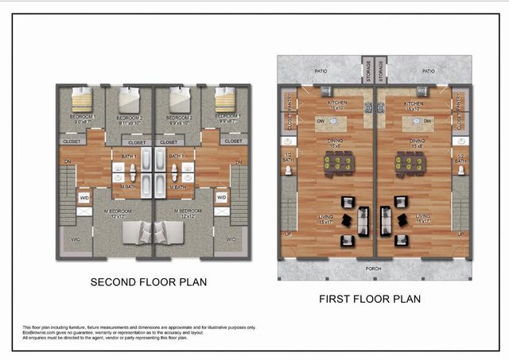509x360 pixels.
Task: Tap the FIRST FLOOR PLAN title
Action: (x=370, y=299)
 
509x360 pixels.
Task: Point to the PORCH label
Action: (x=373, y=269)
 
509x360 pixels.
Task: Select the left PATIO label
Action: (x=321, y=72)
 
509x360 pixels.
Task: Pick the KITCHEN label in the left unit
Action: (x=336, y=104)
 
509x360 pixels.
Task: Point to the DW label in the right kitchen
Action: (x=428, y=121)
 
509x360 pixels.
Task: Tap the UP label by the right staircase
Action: (x=460, y=234)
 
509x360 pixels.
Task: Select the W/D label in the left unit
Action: (x=84, y=197)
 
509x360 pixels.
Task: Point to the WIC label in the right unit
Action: (x=231, y=239)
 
